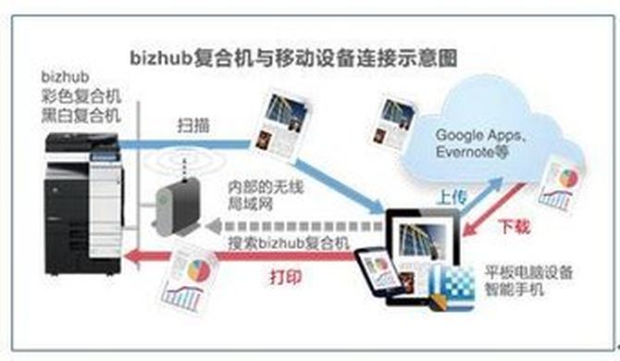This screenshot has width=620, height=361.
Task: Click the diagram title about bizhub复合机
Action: (x=293, y=58)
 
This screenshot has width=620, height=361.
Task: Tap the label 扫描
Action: (x=193, y=126)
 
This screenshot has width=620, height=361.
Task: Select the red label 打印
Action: (x=286, y=277)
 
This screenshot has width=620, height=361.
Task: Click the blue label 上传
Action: (x=452, y=198)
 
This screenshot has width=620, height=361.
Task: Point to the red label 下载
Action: (x=514, y=227)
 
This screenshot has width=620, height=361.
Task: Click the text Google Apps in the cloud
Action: (x=480, y=135)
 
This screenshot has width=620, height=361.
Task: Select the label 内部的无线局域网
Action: (x=260, y=195)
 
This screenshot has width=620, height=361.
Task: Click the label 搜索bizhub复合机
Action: (x=289, y=243)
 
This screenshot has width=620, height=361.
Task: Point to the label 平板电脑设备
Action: (x=528, y=272)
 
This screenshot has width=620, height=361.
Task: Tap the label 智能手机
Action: (x=515, y=290)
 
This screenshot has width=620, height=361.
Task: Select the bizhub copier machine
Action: (x=84, y=205)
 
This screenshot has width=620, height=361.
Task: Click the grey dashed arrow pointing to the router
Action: (x=294, y=226)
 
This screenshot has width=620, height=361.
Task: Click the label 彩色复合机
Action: (x=81, y=97)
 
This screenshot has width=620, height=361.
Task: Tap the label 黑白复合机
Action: (x=81, y=116)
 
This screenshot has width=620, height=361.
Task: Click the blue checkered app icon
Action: (x=452, y=287)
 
